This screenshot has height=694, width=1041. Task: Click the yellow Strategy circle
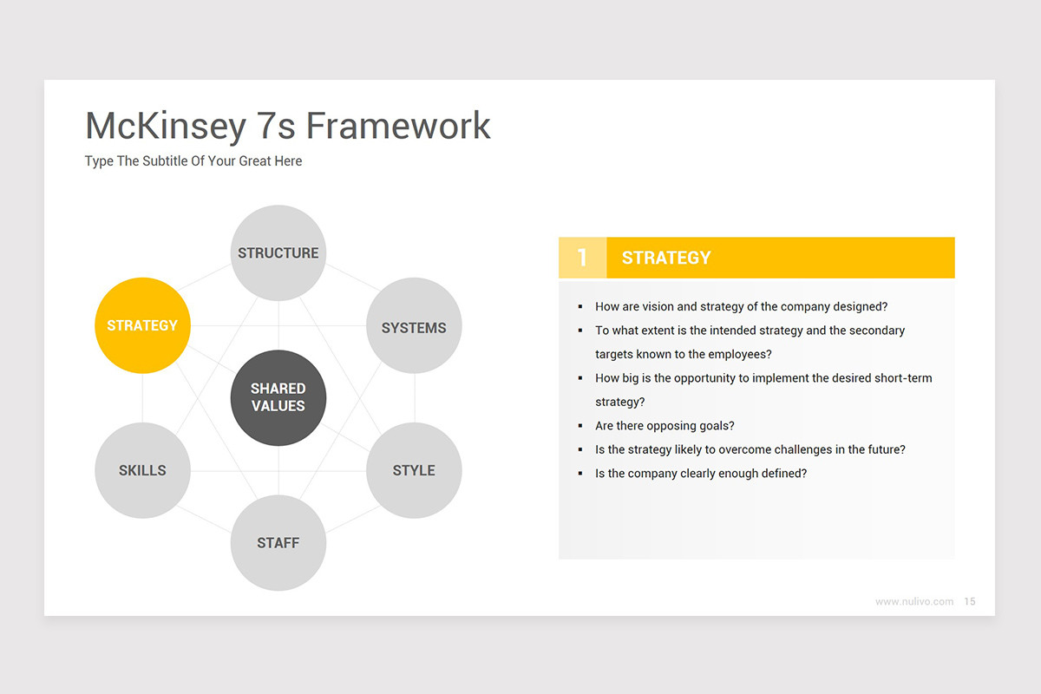[x=142, y=325]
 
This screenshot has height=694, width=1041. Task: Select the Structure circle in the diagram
[x=278, y=252]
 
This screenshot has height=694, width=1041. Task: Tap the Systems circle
[x=414, y=327]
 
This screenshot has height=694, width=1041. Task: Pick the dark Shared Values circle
[x=278, y=397]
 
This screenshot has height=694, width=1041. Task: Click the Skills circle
[x=142, y=470]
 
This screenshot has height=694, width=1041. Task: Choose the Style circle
[x=414, y=470]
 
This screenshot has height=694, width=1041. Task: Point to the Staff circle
[x=278, y=543]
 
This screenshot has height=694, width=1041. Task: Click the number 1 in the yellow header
[x=582, y=258]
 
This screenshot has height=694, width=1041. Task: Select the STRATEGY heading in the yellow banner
[x=666, y=258]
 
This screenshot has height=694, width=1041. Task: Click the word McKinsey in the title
[x=166, y=126]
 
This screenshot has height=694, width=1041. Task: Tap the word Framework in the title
[x=398, y=126]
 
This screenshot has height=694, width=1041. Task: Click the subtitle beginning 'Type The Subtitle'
[x=193, y=161]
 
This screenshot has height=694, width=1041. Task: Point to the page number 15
[x=970, y=601]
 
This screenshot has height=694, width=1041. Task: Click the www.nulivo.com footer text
[x=914, y=601]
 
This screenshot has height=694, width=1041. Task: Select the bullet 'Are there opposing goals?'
[x=665, y=426]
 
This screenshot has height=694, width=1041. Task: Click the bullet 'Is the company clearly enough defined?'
[x=701, y=474]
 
